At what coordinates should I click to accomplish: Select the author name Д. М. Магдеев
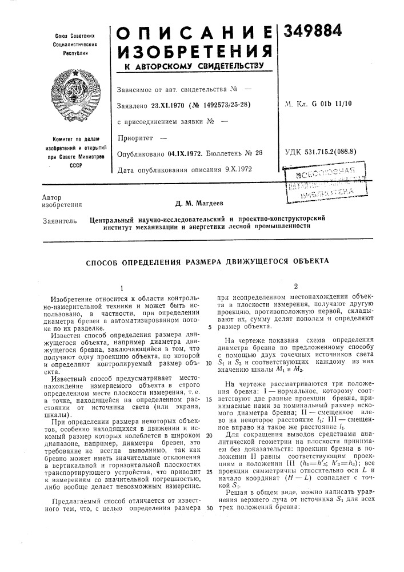(201, 202)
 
